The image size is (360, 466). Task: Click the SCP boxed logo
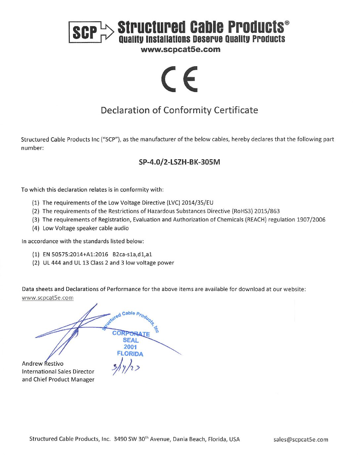pyautogui.click(x=84, y=32)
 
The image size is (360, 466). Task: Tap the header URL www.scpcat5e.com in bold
pyautogui.click(x=180, y=50)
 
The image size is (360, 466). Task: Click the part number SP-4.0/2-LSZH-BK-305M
pyautogui.click(x=179, y=162)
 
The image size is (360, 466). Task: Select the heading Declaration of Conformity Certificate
pyautogui.click(x=179, y=110)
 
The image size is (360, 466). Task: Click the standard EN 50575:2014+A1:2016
pyautogui.click(x=75, y=254)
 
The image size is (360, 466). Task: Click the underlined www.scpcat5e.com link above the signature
pyautogui.click(x=48, y=298)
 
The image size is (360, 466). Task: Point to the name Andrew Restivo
pyautogui.click(x=43, y=363)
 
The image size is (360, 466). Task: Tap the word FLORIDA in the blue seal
pyautogui.click(x=130, y=354)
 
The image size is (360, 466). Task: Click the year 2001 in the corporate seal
pyautogui.click(x=130, y=347)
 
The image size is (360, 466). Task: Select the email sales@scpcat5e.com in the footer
pyautogui.click(x=301, y=440)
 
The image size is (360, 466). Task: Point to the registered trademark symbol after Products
pyautogui.click(x=287, y=23)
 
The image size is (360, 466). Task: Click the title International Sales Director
pyautogui.click(x=58, y=372)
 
